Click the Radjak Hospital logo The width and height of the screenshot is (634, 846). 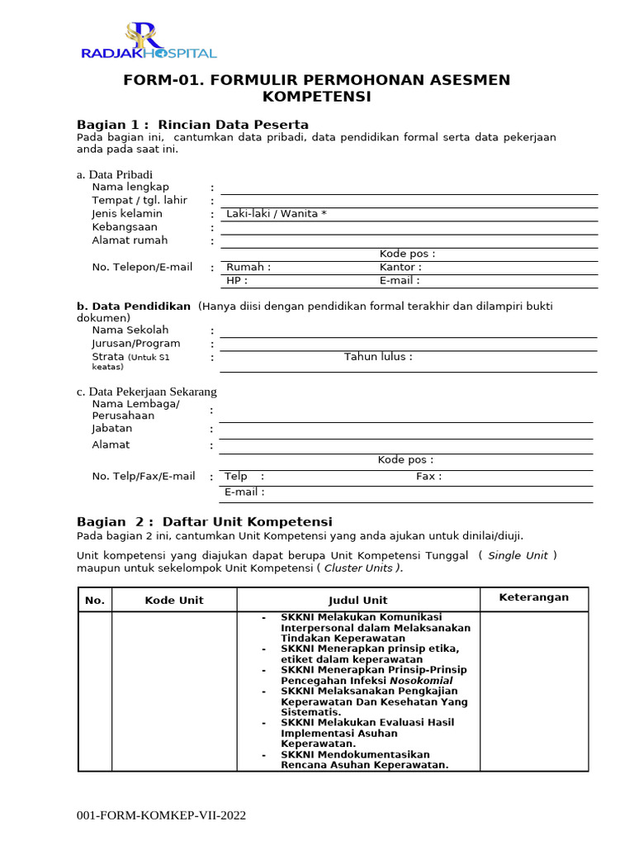[x=149, y=43]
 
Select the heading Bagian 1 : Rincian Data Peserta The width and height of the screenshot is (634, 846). [x=192, y=125]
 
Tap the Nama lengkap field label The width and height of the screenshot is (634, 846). [x=130, y=188]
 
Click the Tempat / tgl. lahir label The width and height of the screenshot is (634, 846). [x=140, y=201]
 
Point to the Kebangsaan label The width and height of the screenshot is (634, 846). [x=125, y=227]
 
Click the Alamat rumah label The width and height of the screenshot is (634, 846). [x=130, y=240]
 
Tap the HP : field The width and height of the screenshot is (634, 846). [x=237, y=281]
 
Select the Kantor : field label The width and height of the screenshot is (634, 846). [x=400, y=268]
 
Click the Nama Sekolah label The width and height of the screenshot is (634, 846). [x=130, y=330]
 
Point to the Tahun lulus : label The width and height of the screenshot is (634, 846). [x=378, y=357]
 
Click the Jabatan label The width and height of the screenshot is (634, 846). [x=112, y=429]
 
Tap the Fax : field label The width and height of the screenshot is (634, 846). [x=428, y=477]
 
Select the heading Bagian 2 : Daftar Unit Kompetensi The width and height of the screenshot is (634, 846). [x=204, y=522]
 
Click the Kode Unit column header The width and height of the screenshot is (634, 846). [x=174, y=601]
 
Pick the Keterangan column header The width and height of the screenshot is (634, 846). [x=533, y=597]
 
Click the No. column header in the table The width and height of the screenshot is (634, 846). [x=95, y=601]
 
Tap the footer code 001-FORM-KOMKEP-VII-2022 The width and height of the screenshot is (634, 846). [x=161, y=815]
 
